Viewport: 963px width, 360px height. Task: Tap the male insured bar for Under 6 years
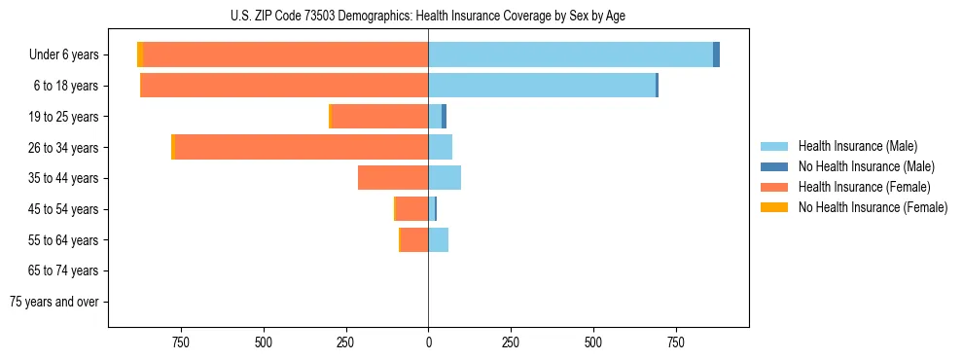click(x=570, y=54)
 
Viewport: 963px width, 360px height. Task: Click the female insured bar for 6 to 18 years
click(x=284, y=86)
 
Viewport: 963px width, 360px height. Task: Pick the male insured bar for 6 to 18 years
click(x=542, y=86)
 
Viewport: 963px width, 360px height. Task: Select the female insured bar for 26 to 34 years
click(x=302, y=147)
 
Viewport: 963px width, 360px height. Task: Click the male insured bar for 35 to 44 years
click(x=445, y=178)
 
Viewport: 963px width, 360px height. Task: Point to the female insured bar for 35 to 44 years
click(x=393, y=178)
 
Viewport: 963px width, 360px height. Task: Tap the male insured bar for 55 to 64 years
click(x=439, y=239)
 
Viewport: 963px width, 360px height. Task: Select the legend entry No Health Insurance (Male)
click(x=866, y=166)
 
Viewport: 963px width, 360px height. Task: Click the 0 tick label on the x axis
click(x=428, y=342)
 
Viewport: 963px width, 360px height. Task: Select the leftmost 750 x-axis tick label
click(x=180, y=342)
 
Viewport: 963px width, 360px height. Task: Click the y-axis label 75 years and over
click(x=53, y=302)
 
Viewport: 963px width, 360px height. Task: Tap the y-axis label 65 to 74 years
click(x=65, y=270)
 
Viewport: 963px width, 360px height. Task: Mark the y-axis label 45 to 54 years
click(x=65, y=209)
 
